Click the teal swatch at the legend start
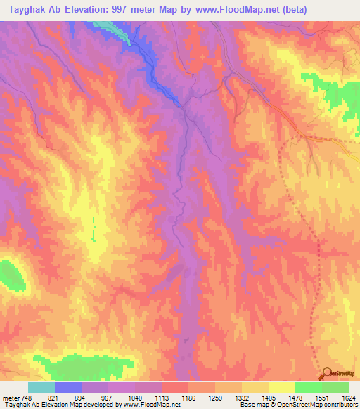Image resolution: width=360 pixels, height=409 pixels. (41, 387)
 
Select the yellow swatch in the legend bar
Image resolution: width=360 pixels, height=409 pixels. (281, 387)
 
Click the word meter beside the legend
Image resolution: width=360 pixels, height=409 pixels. (11, 397)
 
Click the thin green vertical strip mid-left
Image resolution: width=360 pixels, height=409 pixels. (93, 229)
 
